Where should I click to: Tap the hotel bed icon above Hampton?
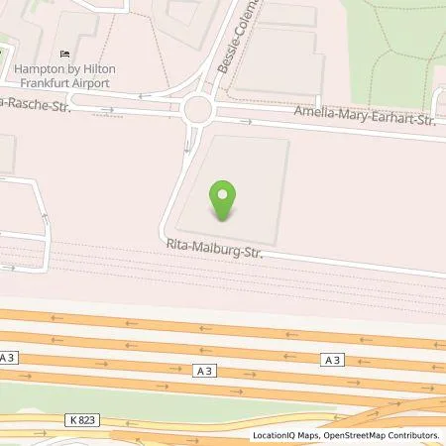tap(65, 54)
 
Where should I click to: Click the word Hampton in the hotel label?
tap(36, 69)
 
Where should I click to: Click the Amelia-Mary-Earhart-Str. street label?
tap(366, 119)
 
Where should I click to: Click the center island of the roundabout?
tap(199, 106)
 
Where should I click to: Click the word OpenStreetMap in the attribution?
tap(355, 435)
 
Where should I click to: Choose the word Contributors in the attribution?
tap(415, 435)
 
